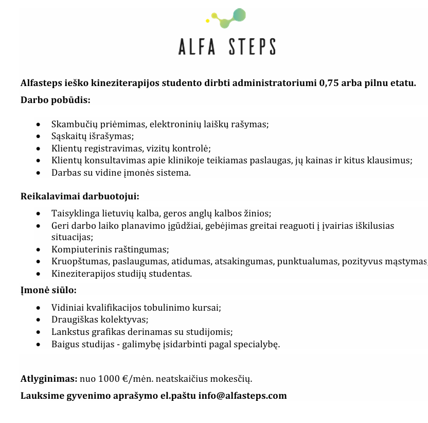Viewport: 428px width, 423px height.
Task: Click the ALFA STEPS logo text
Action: pyautogui.click(x=227, y=46)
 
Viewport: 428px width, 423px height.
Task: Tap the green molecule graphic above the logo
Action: pyautogui.click(x=227, y=19)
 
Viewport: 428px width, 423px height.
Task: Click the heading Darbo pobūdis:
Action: pyautogui.click(x=55, y=99)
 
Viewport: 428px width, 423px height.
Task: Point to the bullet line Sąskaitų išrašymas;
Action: pyautogui.click(x=93, y=136)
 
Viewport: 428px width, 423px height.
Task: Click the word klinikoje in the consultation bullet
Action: pyautogui.click(x=203, y=160)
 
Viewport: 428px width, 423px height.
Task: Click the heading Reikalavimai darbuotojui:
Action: pyautogui.click(x=80, y=196)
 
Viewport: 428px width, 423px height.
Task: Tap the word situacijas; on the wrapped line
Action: pyautogui.click(x=72, y=237)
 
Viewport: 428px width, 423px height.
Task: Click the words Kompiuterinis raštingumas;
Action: pyautogui.click(x=110, y=249)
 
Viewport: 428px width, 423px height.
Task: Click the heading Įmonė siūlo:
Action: pyautogui.click(x=48, y=290)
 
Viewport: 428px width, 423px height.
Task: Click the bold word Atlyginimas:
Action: pyautogui.click(x=48, y=379)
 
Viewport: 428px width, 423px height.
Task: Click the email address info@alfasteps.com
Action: pyautogui.click(x=242, y=396)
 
